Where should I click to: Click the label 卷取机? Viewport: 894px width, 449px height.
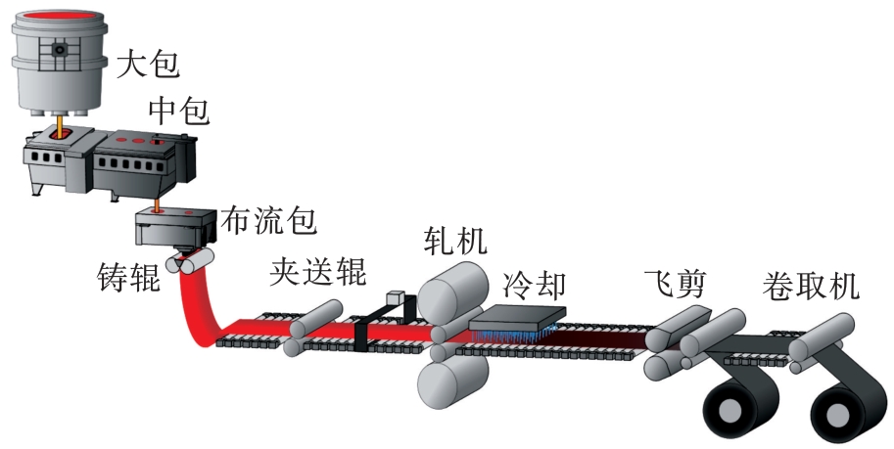pos(810,287)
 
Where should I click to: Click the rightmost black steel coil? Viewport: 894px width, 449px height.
pos(841,412)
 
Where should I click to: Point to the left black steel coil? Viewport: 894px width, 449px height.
pos(738,411)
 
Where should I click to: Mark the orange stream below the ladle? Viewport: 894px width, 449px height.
pos(59,125)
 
